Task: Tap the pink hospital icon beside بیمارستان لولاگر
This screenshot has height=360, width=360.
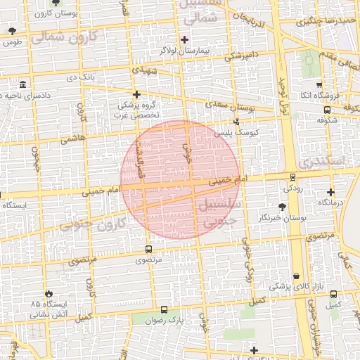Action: click(x=186, y=39)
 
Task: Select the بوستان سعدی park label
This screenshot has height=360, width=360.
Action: click(x=231, y=106)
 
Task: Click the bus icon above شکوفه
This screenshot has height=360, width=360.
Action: click(x=327, y=109)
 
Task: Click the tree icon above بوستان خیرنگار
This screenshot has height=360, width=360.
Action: click(x=282, y=206)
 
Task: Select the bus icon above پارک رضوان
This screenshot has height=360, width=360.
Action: click(x=164, y=309)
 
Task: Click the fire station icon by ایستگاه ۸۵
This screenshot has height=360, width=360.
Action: click(x=48, y=293)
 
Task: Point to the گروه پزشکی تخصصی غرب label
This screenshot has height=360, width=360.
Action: click(x=138, y=108)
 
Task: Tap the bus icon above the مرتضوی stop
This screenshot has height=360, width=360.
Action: click(x=148, y=249)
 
